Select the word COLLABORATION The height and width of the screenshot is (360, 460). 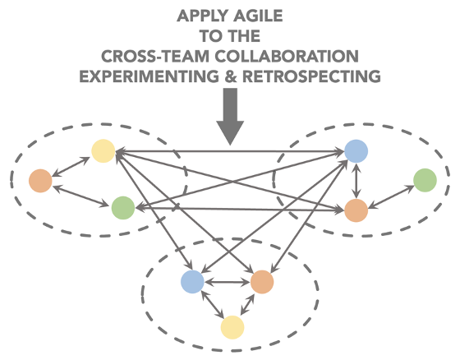[287, 56]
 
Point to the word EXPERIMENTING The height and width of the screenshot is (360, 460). [149, 76]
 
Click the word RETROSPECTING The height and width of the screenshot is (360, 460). [311, 76]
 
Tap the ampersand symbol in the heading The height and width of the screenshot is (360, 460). [231, 76]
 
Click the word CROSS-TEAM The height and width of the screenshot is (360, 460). [155, 56]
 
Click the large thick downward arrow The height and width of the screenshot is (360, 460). [230, 117]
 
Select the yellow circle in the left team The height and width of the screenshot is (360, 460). [103, 151]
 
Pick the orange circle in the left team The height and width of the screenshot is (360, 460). [40, 181]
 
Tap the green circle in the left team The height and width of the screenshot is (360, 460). [123, 208]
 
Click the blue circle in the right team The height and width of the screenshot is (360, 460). [356, 151]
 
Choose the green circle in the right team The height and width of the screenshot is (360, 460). [425, 180]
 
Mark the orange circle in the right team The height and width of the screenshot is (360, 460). [356, 210]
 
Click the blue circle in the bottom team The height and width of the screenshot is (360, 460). [192, 282]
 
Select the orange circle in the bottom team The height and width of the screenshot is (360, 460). [262, 282]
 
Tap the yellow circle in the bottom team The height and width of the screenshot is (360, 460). [232, 327]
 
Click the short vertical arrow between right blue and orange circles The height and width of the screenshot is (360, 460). [356, 181]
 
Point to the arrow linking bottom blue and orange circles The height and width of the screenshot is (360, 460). [228, 282]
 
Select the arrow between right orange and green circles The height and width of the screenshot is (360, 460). [391, 197]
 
